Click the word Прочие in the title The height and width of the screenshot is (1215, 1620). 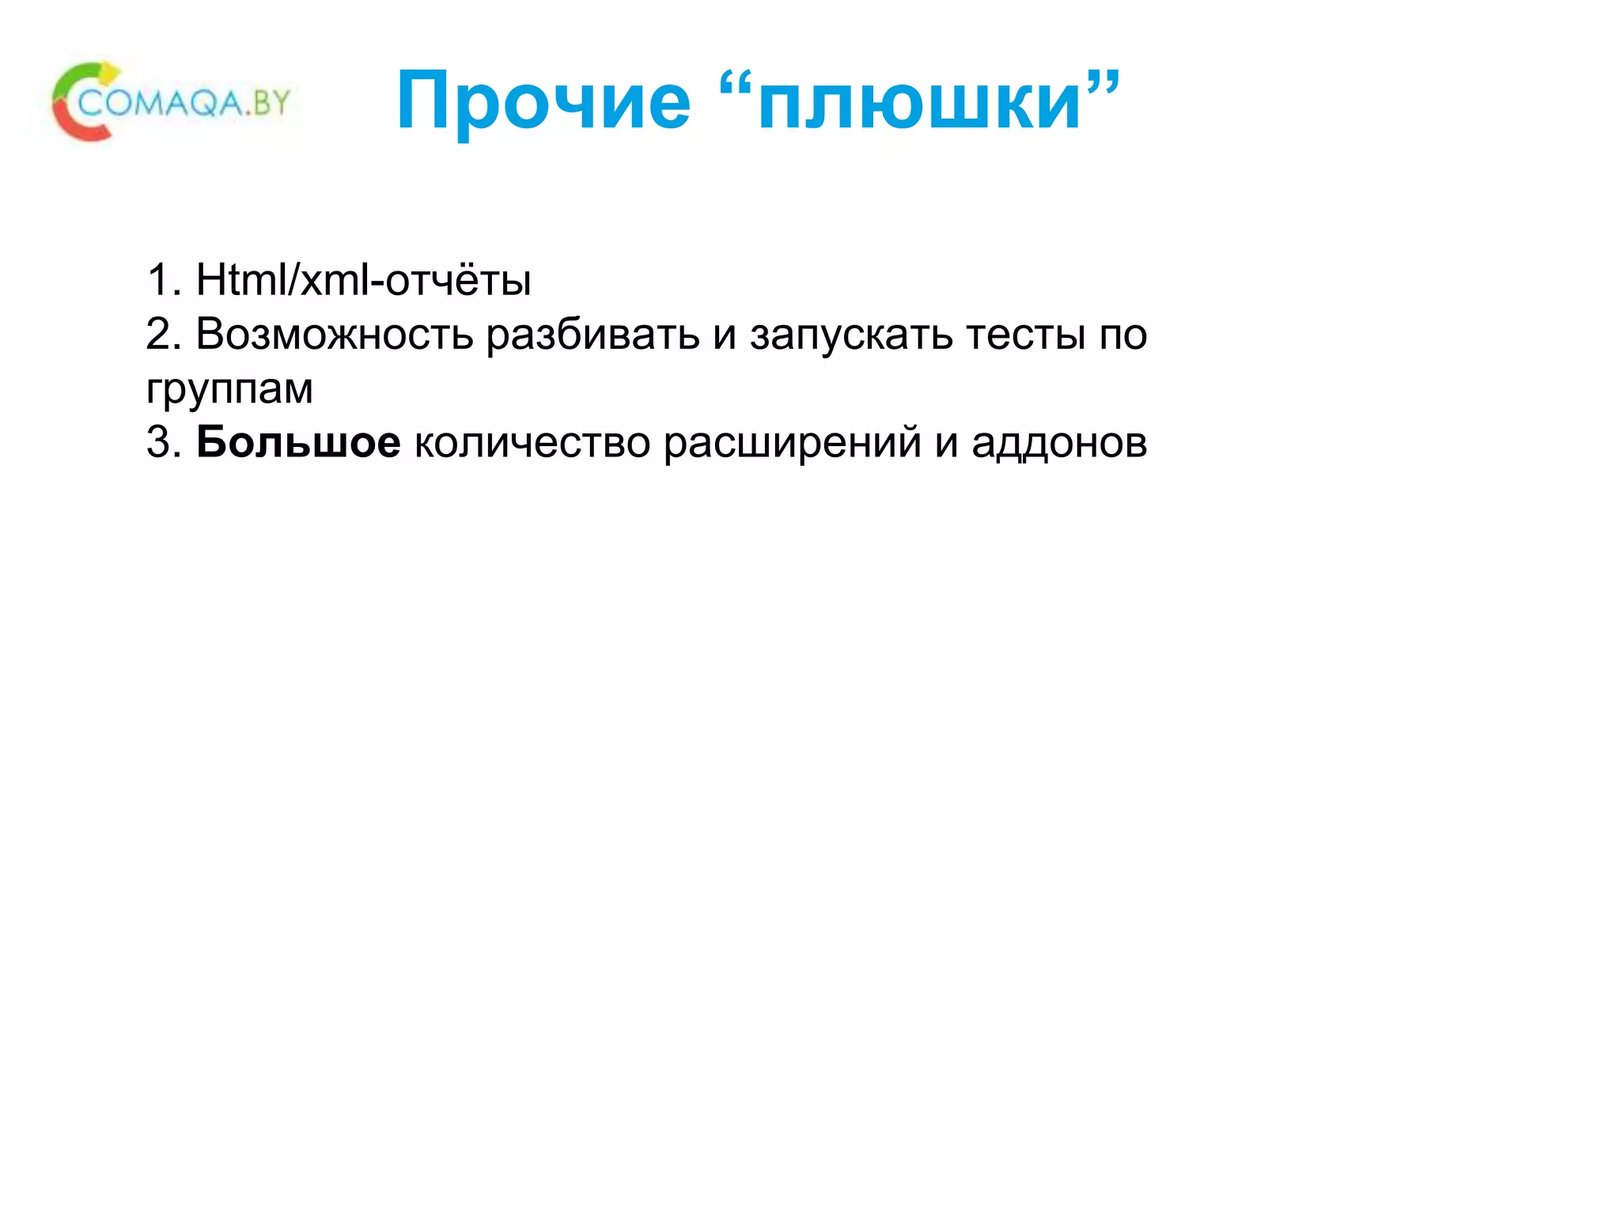click(543, 101)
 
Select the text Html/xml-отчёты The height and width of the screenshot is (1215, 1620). click(363, 280)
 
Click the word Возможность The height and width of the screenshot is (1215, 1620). click(335, 334)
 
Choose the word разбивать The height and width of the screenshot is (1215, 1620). click(592, 334)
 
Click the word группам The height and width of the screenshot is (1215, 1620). click(229, 389)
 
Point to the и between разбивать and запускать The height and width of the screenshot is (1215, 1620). click(725, 335)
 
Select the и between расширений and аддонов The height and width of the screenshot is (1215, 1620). click(946, 443)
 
